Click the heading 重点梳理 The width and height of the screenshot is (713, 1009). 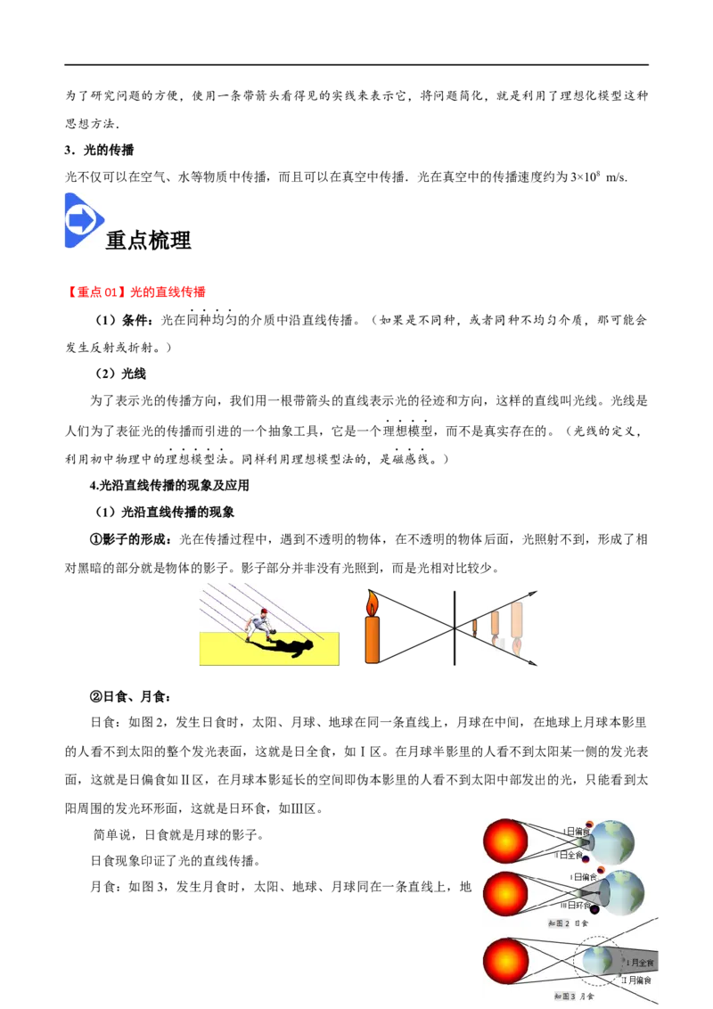[x=149, y=240]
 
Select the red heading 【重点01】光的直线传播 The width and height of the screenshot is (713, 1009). [x=135, y=292]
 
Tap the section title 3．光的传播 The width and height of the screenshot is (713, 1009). [x=99, y=150]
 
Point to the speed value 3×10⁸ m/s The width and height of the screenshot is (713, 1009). [x=598, y=176]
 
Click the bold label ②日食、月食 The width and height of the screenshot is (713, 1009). [x=130, y=696]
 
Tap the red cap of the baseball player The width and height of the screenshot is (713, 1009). [x=263, y=612]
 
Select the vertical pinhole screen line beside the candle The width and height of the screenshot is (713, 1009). [x=455, y=628]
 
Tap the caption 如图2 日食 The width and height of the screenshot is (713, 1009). [x=569, y=923]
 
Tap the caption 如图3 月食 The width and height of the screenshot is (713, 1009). [x=575, y=997]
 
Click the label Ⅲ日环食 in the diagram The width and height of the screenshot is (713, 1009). [x=575, y=904]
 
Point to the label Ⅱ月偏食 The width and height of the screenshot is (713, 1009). [x=636, y=980]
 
